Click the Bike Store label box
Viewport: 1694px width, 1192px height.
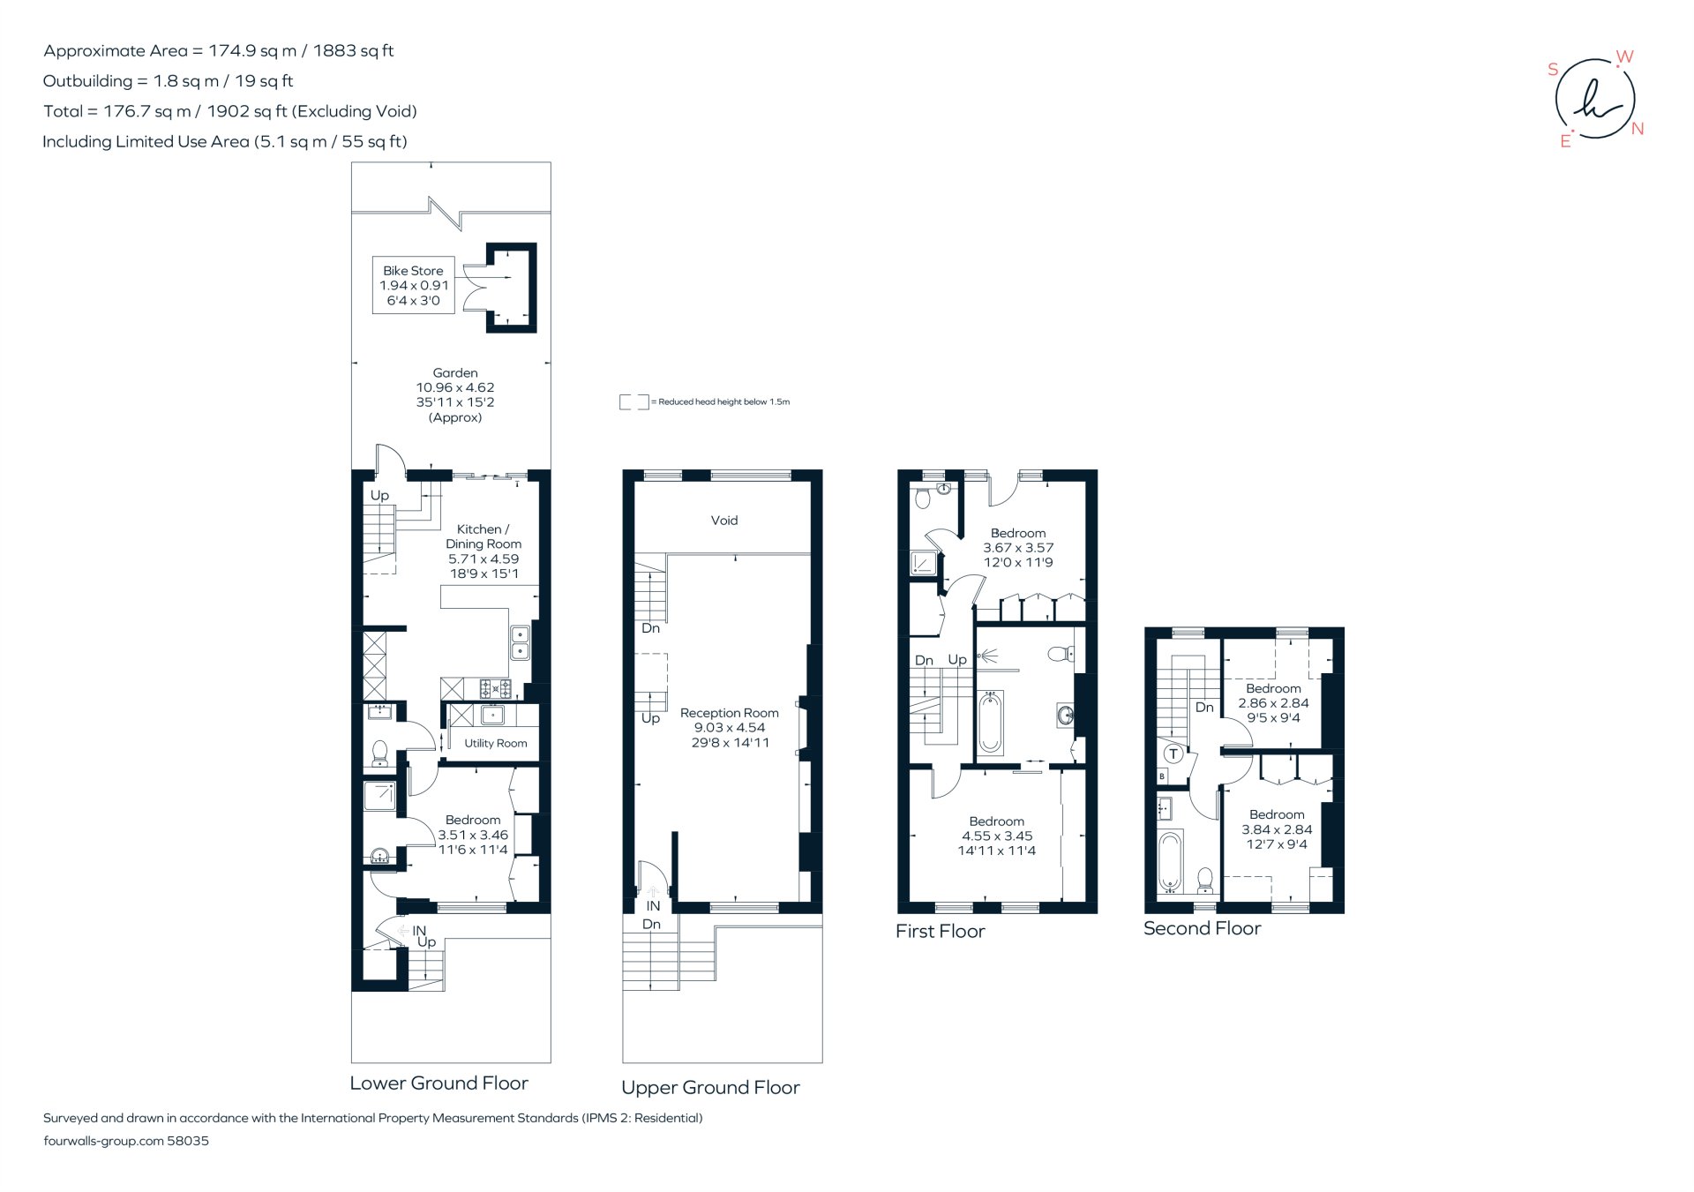click(x=413, y=285)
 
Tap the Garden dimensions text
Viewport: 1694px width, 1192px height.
click(x=455, y=394)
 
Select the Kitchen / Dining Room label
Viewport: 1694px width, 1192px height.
click(x=483, y=551)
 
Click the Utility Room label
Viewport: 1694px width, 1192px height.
click(x=496, y=744)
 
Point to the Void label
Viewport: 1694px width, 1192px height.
click(x=724, y=521)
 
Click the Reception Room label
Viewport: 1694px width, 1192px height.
click(x=730, y=727)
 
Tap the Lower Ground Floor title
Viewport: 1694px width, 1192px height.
click(x=438, y=1083)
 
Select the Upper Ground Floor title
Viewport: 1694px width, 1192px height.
click(x=710, y=1088)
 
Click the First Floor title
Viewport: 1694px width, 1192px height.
click(x=940, y=932)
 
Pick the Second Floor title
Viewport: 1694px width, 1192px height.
click(x=1202, y=929)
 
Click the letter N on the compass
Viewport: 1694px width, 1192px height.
click(x=1638, y=129)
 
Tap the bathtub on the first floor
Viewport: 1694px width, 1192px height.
click(x=990, y=723)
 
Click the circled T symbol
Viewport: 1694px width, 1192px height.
click(x=1173, y=753)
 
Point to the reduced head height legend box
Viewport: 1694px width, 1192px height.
click(x=633, y=402)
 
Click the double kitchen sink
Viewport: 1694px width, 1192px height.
click(x=521, y=643)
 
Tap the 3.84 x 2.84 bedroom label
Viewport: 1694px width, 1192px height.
click(x=1277, y=829)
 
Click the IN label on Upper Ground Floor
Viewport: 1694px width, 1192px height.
click(x=653, y=906)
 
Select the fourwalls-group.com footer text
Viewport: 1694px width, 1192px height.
click(x=126, y=1141)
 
